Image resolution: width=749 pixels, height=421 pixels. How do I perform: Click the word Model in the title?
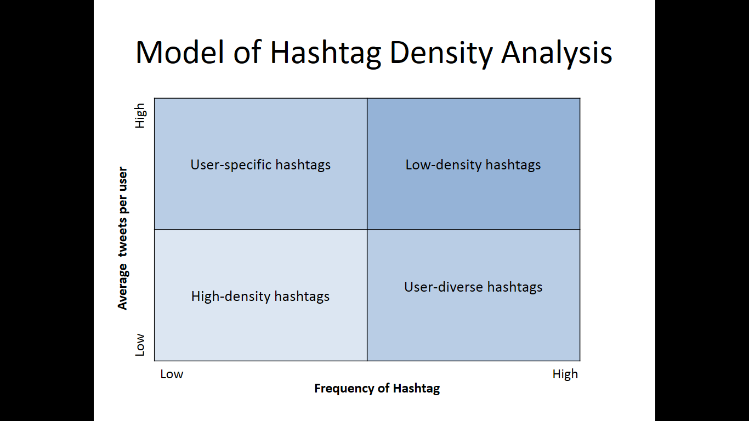pyautogui.click(x=179, y=53)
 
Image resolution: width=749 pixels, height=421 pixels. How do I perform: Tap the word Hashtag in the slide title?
pyautogui.click(x=325, y=54)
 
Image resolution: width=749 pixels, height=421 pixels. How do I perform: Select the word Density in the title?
pyautogui.click(x=441, y=54)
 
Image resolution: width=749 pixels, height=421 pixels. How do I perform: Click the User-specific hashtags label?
pyautogui.click(x=260, y=165)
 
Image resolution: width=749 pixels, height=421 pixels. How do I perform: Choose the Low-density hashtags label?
pyautogui.click(x=473, y=165)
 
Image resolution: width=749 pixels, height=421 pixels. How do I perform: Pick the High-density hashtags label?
pyautogui.click(x=260, y=297)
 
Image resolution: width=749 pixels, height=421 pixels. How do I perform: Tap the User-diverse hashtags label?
pyautogui.click(x=473, y=287)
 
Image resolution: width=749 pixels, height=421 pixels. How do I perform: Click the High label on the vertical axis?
pyautogui.click(x=140, y=116)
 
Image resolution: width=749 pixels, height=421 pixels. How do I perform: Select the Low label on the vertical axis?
pyautogui.click(x=140, y=345)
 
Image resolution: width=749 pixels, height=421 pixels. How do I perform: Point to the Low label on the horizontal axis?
pyautogui.click(x=172, y=374)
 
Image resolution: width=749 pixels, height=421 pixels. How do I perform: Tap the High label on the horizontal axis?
pyautogui.click(x=565, y=374)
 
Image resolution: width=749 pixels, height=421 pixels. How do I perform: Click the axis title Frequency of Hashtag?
pyautogui.click(x=377, y=389)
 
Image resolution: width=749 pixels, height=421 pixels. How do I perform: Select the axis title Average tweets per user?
pyautogui.click(x=123, y=238)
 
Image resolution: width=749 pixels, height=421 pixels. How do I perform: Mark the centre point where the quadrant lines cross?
pyautogui.click(x=367, y=229)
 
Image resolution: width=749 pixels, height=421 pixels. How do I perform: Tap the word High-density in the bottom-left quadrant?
pyautogui.click(x=231, y=297)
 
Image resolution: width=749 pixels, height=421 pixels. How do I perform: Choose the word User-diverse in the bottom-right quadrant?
pyautogui.click(x=444, y=287)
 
